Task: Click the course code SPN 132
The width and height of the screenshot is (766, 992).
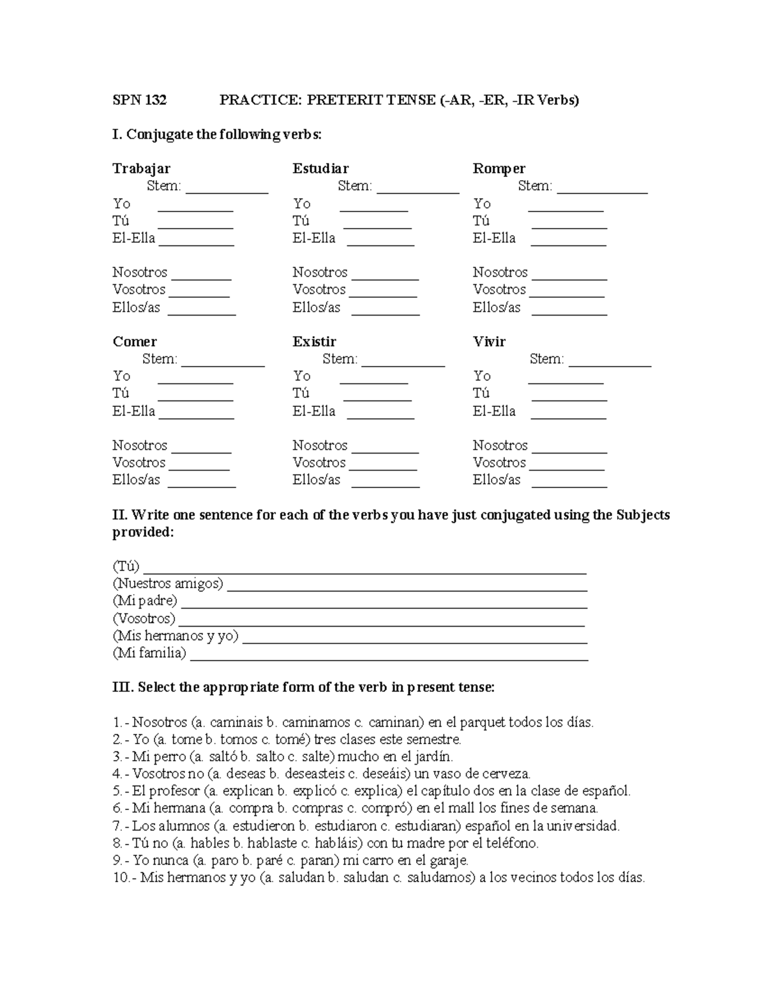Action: pos(139,100)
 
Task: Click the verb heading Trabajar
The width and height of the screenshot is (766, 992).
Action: pos(141,169)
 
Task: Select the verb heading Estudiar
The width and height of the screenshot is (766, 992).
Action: pos(320,169)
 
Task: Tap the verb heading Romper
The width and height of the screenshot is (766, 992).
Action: pos(499,169)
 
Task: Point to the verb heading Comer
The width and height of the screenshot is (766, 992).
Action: pos(135,342)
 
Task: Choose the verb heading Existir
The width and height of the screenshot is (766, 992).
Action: pos(314,342)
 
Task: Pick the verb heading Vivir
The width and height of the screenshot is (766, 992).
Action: pos(489,342)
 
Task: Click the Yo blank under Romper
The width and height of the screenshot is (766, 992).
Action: pos(566,208)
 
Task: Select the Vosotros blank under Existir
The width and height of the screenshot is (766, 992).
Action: pos(382,468)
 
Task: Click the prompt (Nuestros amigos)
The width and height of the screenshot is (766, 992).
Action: pos(168,584)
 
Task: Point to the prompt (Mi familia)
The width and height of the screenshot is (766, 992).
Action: pos(149,653)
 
